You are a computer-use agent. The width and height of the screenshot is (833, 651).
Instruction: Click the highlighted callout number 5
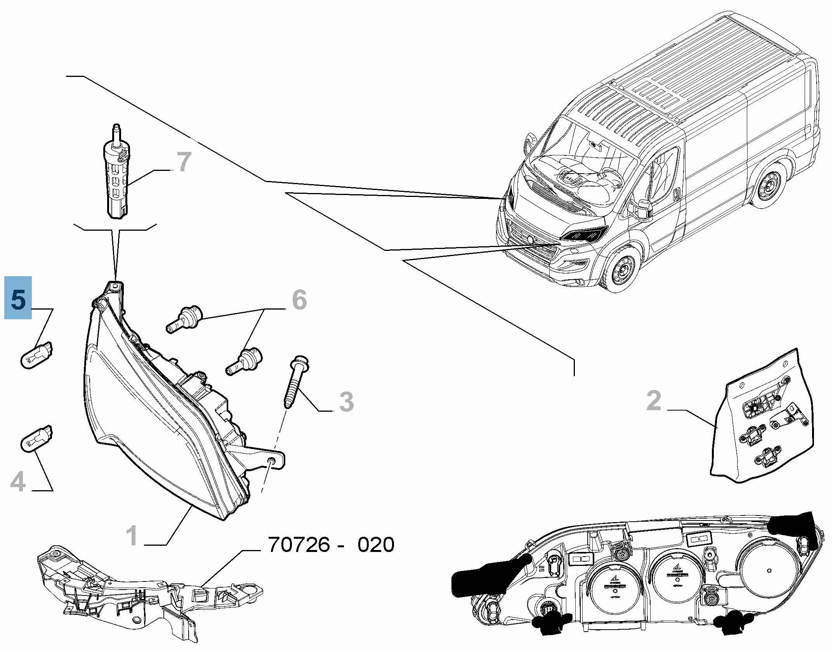pyautogui.click(x=18, y=298)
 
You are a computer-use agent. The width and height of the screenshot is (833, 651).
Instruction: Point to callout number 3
pyautogui.click(x=346, y=401)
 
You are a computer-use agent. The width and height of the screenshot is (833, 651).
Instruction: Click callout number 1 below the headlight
pyautogui.click(x=132, y=535)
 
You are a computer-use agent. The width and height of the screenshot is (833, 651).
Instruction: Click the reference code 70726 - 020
pyautogui.click(x=331, y=545)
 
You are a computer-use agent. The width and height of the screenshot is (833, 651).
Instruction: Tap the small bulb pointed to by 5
pyautogui.click(x=36, y=354)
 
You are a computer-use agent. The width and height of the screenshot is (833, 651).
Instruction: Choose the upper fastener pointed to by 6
pyautogui.click(x=186, y=317)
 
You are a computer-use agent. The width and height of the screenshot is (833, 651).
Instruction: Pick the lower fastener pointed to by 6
pyautogui.click(x=244, y=362)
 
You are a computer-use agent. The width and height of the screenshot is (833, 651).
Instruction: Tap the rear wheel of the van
pyautogui.click(x=767, y=186)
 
